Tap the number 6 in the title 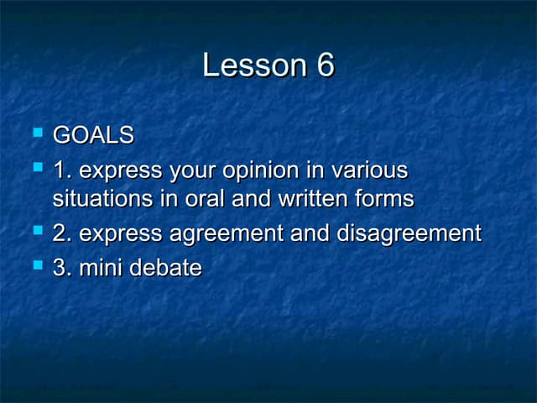(x=325, y=65)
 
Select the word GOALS (x=93, y=134)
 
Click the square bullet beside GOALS (x=36, y=133)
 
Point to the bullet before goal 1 (x=36, y=169)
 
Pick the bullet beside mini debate (x=36, y=266)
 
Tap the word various (x=369, y=170)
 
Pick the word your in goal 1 (x=193, y=171)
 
